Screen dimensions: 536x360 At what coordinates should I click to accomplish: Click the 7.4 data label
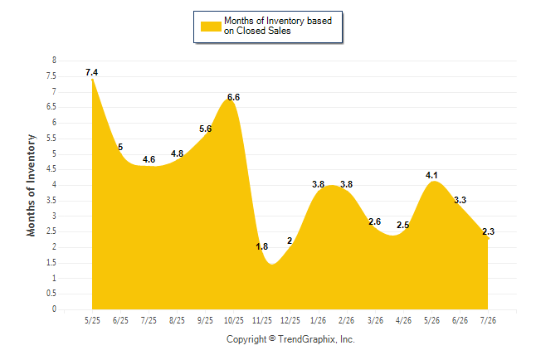click(91, 72)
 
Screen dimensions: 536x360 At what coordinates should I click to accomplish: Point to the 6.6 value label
click(233, 97)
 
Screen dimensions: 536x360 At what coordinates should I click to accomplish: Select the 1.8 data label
click(262, 246)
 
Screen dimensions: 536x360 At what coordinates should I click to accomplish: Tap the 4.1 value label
click(431, 175)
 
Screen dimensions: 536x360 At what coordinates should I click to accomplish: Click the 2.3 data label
click(488, 231)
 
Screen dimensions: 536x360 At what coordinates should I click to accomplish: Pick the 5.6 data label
click(206, 129)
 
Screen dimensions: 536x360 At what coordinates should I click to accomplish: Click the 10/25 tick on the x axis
click(234, 320)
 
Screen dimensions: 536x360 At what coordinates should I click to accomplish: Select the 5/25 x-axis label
click(92, 320)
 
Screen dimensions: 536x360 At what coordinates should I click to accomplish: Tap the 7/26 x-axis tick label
click(488, 320)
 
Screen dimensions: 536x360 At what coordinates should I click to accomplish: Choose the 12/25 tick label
click(290, 320)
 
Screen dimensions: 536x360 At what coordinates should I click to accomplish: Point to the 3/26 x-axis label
click(375, 320)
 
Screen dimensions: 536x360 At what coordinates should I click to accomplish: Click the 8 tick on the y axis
click(54, 61)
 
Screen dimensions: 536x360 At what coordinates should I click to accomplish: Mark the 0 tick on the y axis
click(54, 309)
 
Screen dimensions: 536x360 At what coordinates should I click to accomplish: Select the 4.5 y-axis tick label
click(51, 169)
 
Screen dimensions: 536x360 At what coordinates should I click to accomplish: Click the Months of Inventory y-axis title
click(31, 185)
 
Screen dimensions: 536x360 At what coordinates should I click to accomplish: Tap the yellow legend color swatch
click(211, 27)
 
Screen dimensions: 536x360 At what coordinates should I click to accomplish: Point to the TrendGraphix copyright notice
click(290, 339)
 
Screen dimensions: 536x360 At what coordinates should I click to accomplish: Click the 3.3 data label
click(460, 200)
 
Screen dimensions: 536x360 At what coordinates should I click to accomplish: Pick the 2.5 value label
click(402, 226)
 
